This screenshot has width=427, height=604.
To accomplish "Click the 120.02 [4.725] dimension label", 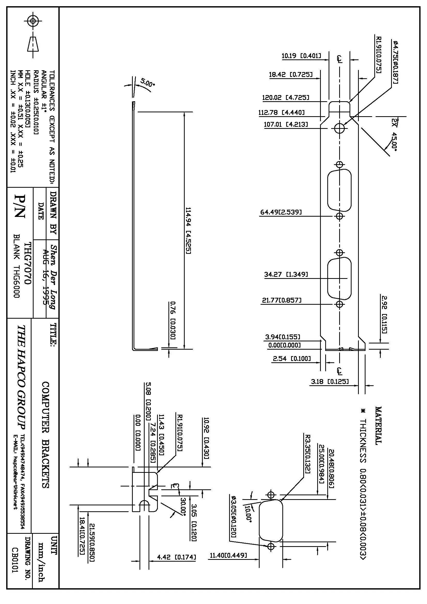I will click(x=285, y=98).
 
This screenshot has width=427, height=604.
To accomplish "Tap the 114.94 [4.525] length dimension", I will click(x=188, y=230).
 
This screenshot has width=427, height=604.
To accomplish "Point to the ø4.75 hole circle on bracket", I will click(x=339, y=128).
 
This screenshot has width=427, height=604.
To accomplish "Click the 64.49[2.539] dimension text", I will click(x=281, y=212).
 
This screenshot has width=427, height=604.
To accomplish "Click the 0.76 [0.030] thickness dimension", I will click(x=173, y=320).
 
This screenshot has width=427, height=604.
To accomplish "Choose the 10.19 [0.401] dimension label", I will click(x=301, y=56).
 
